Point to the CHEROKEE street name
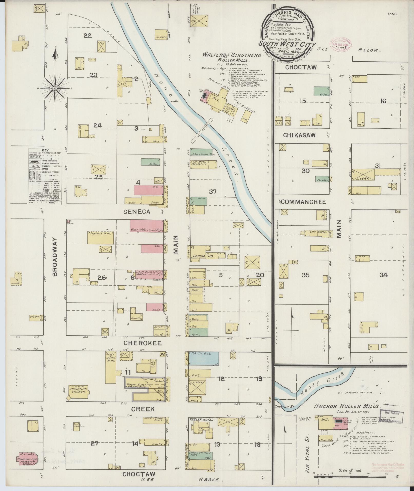point(142,343)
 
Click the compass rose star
point(55,88)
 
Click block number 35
point(305,275)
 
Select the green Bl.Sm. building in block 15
point(321,92)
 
